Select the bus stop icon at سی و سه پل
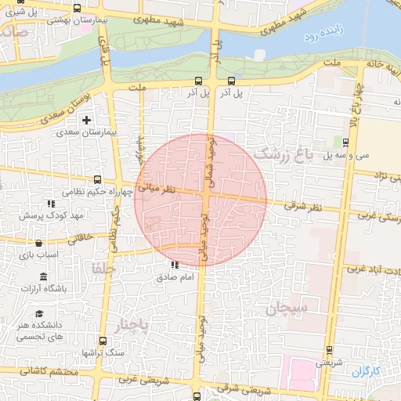tap(346, 141)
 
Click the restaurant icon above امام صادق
tap(173, 265)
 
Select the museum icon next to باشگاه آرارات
tap(42, 277)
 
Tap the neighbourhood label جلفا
tap(104, 269)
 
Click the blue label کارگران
tap(366, 370)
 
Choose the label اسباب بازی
tap(34, 255)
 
